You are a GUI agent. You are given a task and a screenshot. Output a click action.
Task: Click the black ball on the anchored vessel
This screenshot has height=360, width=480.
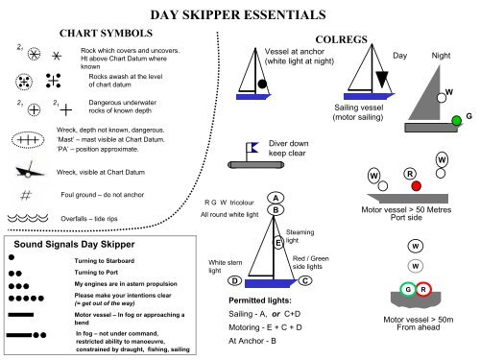[x=262, y=94]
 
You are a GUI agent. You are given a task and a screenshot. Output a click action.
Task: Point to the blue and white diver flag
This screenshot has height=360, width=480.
[x=254, y=147]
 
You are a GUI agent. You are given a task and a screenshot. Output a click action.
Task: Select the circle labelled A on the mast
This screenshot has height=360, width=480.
[x=276, y=198]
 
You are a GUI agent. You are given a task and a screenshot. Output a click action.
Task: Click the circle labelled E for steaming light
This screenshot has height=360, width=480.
[x=278, y=243]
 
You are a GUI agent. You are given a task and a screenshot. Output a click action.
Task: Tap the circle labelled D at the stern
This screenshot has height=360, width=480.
[x=234, y=280]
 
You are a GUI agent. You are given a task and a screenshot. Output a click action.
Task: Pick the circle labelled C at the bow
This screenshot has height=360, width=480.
[x=303, y=280]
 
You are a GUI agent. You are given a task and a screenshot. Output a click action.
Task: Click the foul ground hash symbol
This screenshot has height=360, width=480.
[x=27, y=195]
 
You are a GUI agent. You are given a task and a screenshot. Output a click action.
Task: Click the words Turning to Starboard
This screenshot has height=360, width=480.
[x=107, y=261]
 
